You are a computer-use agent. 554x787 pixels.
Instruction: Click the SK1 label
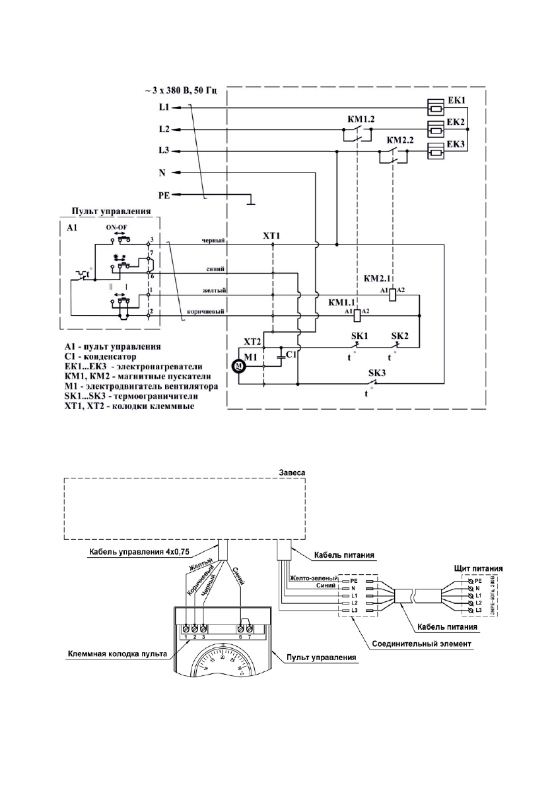click(x=359, y=336)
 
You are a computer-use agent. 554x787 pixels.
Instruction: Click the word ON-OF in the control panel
click(x=117, y=227)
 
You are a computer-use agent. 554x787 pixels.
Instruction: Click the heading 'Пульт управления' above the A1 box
click(x=110, y=213)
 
